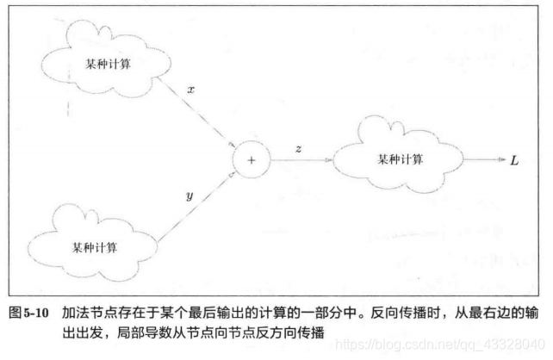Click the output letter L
pos(514,160)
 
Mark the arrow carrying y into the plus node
pos(194,207)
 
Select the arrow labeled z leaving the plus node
pos(297,160)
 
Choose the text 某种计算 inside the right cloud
pos(401,159)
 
